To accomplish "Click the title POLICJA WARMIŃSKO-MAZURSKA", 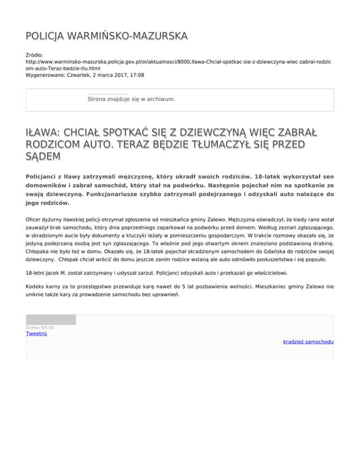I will pyautogui.click(x=107, y=36).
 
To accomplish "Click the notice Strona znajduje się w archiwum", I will pyautogui.click(x=131, y=99).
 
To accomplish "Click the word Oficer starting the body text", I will pyautogui.click(x=35, y=219).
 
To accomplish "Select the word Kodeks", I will pyautogui.click(x=36, y=286).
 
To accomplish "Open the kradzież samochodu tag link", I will pyautogui.click(x=308, y=342).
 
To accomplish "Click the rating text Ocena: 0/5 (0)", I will pyautogui.click(x=40, y=327).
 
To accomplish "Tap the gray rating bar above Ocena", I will pyautogui.click(x=51, y=320).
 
